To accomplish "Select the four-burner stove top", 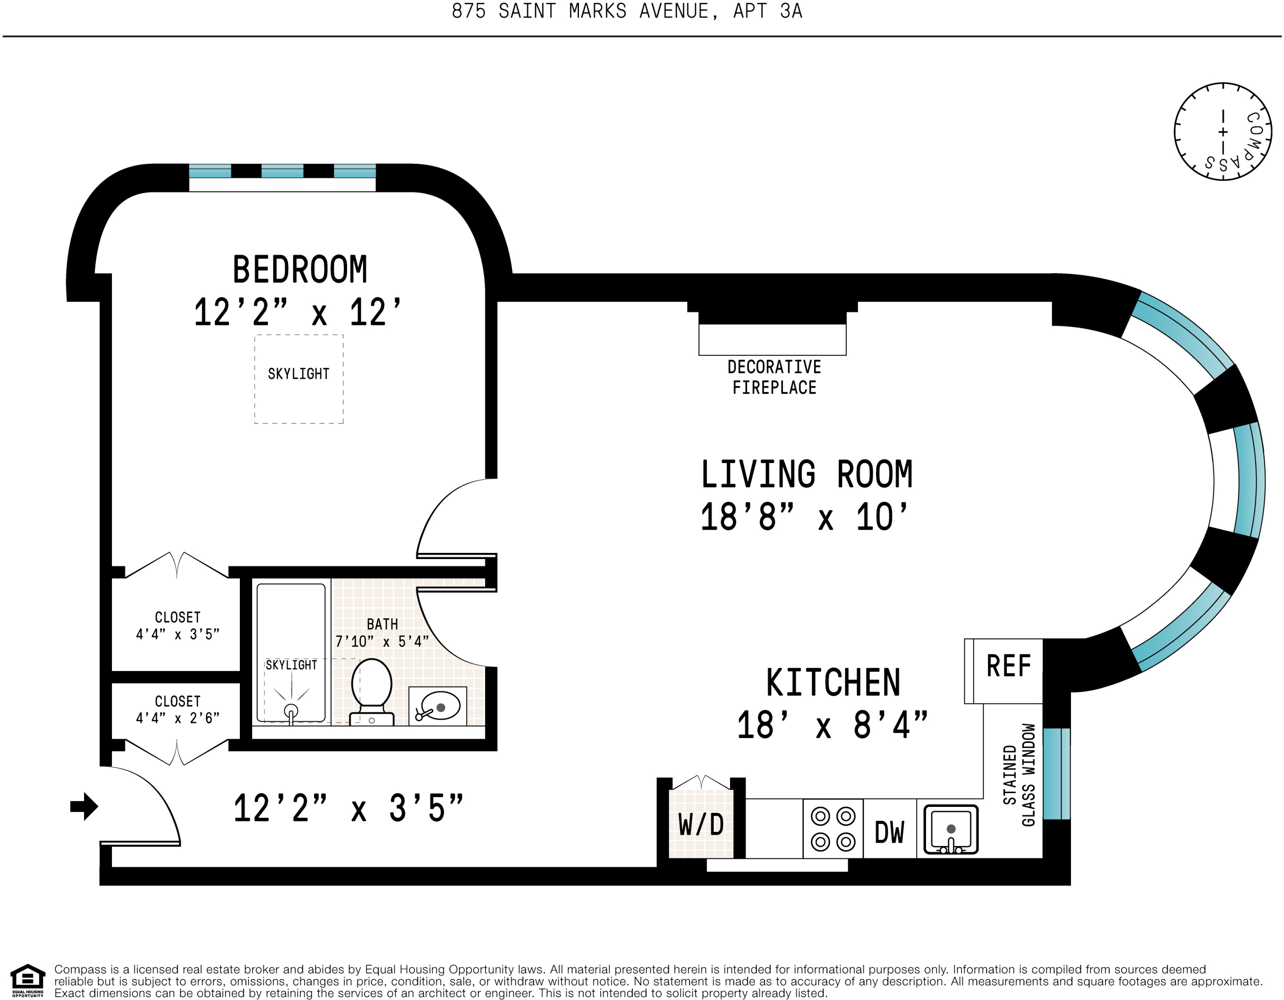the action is tap(833, 829).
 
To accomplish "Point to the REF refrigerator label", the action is tap(1009, 666).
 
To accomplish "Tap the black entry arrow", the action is tap(84, 806).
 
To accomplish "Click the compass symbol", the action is tap(1223, 132).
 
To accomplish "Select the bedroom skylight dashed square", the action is tap(298, 379).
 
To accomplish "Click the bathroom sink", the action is tap(437, 706).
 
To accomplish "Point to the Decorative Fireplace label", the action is tap(774, 377).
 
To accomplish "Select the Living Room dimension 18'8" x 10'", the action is tap(804, 517).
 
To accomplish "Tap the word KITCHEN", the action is tap(833, 683).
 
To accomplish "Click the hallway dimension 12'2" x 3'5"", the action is tap(349, 808).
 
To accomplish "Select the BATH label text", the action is tap(382, 624).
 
